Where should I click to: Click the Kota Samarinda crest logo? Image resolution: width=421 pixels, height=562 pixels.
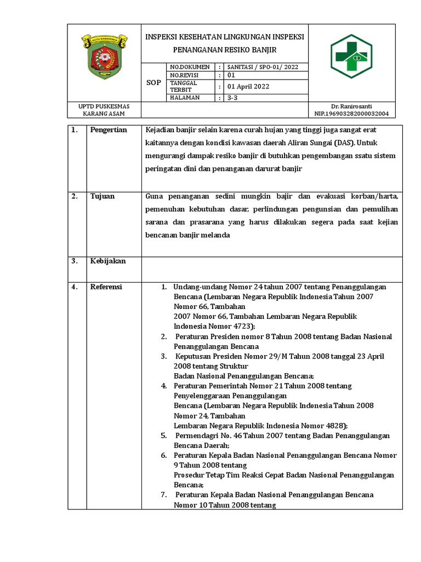point(104,57)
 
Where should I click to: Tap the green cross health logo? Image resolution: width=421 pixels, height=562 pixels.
point(351,56)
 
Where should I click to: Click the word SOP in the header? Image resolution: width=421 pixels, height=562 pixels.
point(154,83)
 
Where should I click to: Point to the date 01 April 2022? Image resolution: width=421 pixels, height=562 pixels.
point(248,87)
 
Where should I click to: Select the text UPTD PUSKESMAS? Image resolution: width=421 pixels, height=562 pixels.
point(104,106)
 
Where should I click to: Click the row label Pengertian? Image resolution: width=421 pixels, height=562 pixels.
point(109,130)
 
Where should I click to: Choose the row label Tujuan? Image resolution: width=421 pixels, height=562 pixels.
point(103,196)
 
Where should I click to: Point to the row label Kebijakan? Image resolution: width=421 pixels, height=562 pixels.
point(108,261)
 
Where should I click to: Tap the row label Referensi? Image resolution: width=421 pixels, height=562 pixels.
point(106,286)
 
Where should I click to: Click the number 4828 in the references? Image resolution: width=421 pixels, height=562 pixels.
point(332,425)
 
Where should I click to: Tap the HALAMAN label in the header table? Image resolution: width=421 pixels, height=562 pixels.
point(185,98)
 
